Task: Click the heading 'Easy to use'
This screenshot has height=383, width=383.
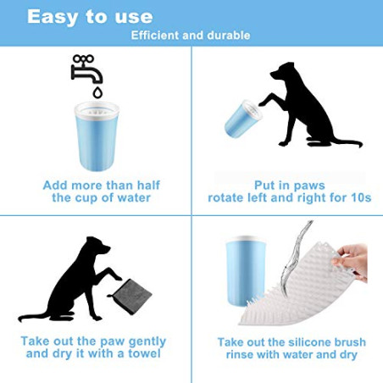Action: click(x=90, y=16)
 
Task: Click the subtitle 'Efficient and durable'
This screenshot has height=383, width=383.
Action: click(x=190, y=36)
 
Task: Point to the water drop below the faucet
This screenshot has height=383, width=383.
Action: click(x=97, y=92)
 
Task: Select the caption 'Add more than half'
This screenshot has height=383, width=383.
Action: click(x=101, y=185)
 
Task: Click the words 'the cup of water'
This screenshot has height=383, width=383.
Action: click(x=101, y=198)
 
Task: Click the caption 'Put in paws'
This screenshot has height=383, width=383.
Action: click(x=287, y=185)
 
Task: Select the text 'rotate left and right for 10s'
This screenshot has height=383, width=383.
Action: click(x=287, y=198)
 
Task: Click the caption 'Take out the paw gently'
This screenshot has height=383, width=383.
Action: click(x=93, y=341)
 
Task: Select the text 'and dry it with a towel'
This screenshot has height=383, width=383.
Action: click(x=93, y=356)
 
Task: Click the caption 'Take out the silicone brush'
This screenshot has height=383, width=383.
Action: click(x=291, y=341)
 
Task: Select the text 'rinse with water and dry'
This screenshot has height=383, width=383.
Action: click(x=291, y=356)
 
